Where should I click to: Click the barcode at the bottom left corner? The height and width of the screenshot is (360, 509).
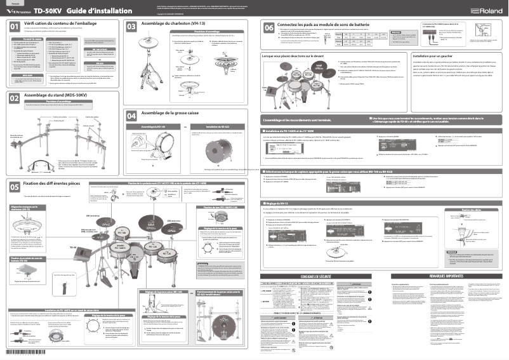coord(18,351)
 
